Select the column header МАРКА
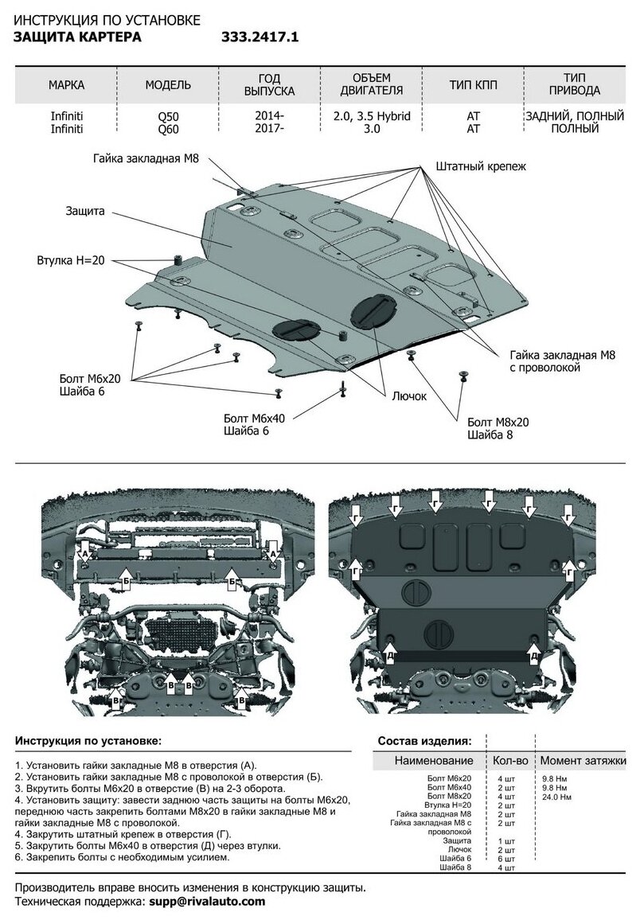point(66,85)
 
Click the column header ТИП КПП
point(473,85)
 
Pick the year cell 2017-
point(271,128)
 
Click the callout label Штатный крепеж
point(481,167)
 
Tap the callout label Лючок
point(409,396)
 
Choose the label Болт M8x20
point(498,422)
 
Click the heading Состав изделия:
point(424,740)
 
